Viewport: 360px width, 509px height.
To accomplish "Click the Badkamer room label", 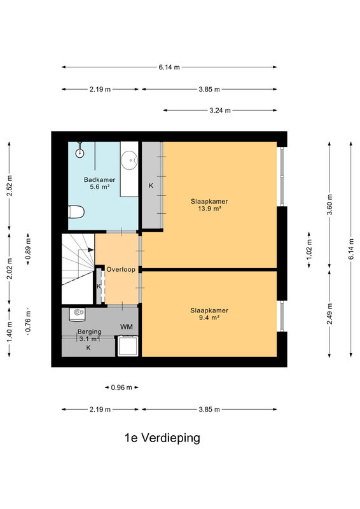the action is pos(99,179).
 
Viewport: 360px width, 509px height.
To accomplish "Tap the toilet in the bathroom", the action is pos(76,212).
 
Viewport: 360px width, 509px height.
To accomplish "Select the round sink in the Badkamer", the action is pos(129,160).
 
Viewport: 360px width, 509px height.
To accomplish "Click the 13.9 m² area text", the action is pos(209,209).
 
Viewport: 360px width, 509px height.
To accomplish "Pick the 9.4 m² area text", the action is pos(209,317).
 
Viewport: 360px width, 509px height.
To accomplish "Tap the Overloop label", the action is pos(121,269).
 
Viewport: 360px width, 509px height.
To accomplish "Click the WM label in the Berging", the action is pos(127,326).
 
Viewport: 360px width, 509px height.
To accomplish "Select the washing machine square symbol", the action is pos(128,345).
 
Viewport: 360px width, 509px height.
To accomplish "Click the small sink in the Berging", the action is pos(77,314).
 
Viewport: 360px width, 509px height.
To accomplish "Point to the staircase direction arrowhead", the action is pos(90,249).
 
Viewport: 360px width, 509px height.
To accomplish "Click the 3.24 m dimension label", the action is pos(220,110).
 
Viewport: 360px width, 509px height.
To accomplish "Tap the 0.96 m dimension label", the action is pos(121,387).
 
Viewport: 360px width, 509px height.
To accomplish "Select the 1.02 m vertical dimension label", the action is pos(308,249).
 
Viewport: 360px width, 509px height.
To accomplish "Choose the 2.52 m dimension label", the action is pos(10,185).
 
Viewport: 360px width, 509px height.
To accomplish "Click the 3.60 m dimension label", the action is pos(329,204).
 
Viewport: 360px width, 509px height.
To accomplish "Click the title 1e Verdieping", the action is pos(162,438).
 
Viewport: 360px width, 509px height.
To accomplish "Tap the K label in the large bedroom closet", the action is pos(151,186).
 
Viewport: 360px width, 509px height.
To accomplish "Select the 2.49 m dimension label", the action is pos(329,314).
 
